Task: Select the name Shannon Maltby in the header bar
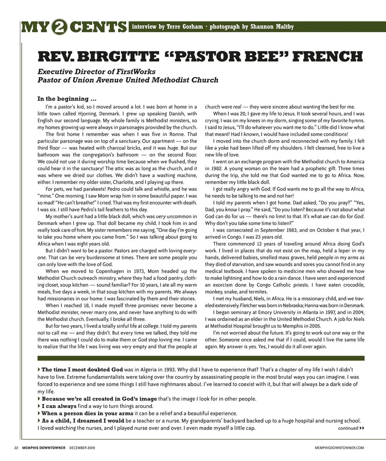(x=272, y=27)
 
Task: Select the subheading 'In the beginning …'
(x=67, y=99)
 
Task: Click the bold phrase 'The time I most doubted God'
(x=82, y=369)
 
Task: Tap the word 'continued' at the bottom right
(x=348, y=428)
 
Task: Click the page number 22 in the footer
(x=16, y=448)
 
